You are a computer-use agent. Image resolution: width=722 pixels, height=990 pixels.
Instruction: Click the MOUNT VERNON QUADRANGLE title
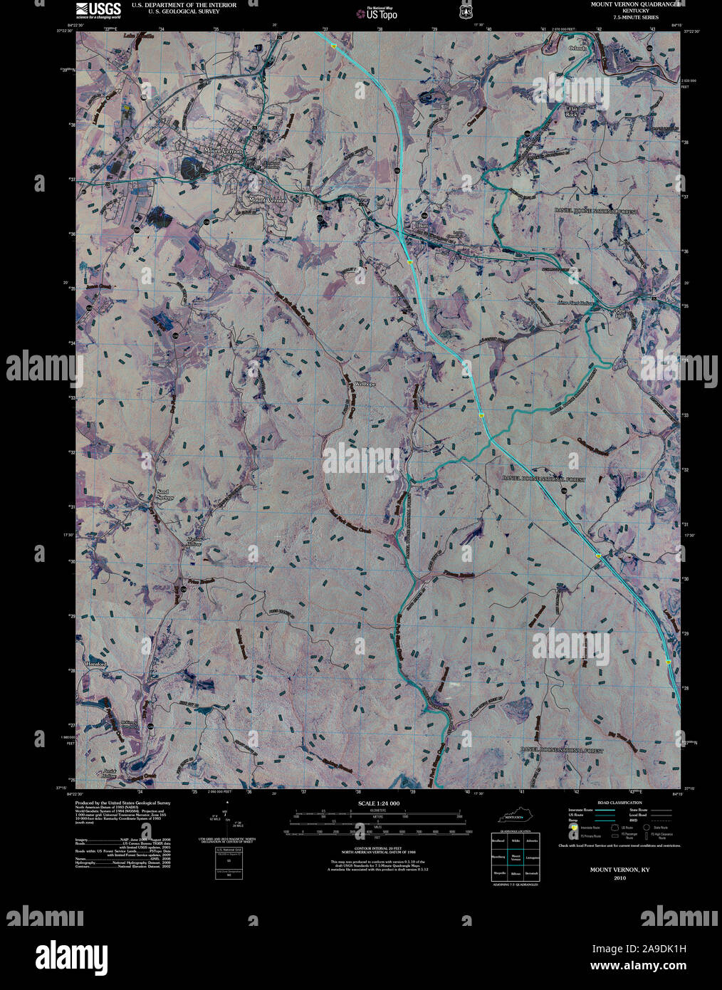(635, 4)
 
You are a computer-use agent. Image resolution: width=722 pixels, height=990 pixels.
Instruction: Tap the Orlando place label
(577, 48)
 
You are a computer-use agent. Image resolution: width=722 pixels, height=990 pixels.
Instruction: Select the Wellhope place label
(365, 384)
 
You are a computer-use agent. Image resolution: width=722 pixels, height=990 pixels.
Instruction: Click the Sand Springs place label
(164, 494)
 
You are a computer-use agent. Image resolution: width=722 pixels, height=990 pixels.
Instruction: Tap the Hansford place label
(96, 664)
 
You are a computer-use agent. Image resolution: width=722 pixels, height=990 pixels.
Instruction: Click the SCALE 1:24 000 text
(378, 803)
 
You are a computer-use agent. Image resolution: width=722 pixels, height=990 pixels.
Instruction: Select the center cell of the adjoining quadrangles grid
(516, 859)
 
